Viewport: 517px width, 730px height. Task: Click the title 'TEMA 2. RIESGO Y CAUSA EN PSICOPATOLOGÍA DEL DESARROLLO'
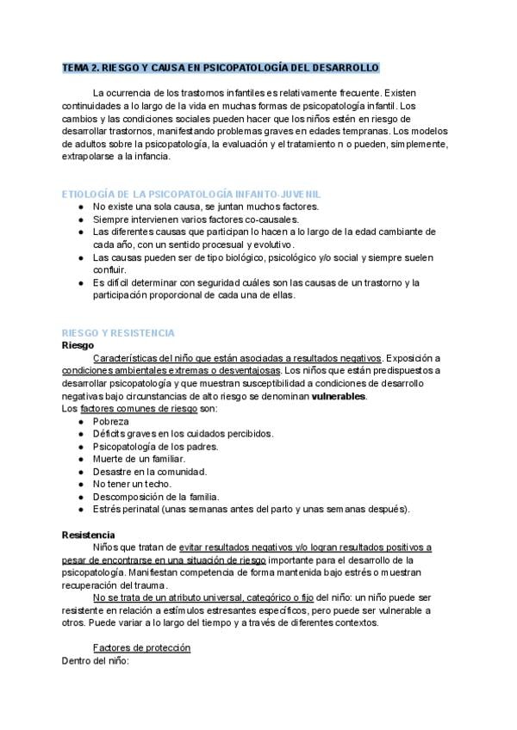(221, 67)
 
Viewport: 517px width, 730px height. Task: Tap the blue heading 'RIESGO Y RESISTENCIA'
(119, 332)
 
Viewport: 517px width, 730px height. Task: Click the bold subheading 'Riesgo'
(78, 345)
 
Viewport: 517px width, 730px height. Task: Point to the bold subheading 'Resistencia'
(89, 535)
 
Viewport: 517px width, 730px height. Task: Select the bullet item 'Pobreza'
(111, 421)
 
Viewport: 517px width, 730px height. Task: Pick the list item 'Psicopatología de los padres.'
(156, 446)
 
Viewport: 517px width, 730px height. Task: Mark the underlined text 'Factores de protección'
(141, 647)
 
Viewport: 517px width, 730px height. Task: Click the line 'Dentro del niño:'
(95, 660)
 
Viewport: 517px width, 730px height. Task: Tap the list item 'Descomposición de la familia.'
(156, 497)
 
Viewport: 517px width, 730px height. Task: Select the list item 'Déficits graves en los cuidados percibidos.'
(183, 434)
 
